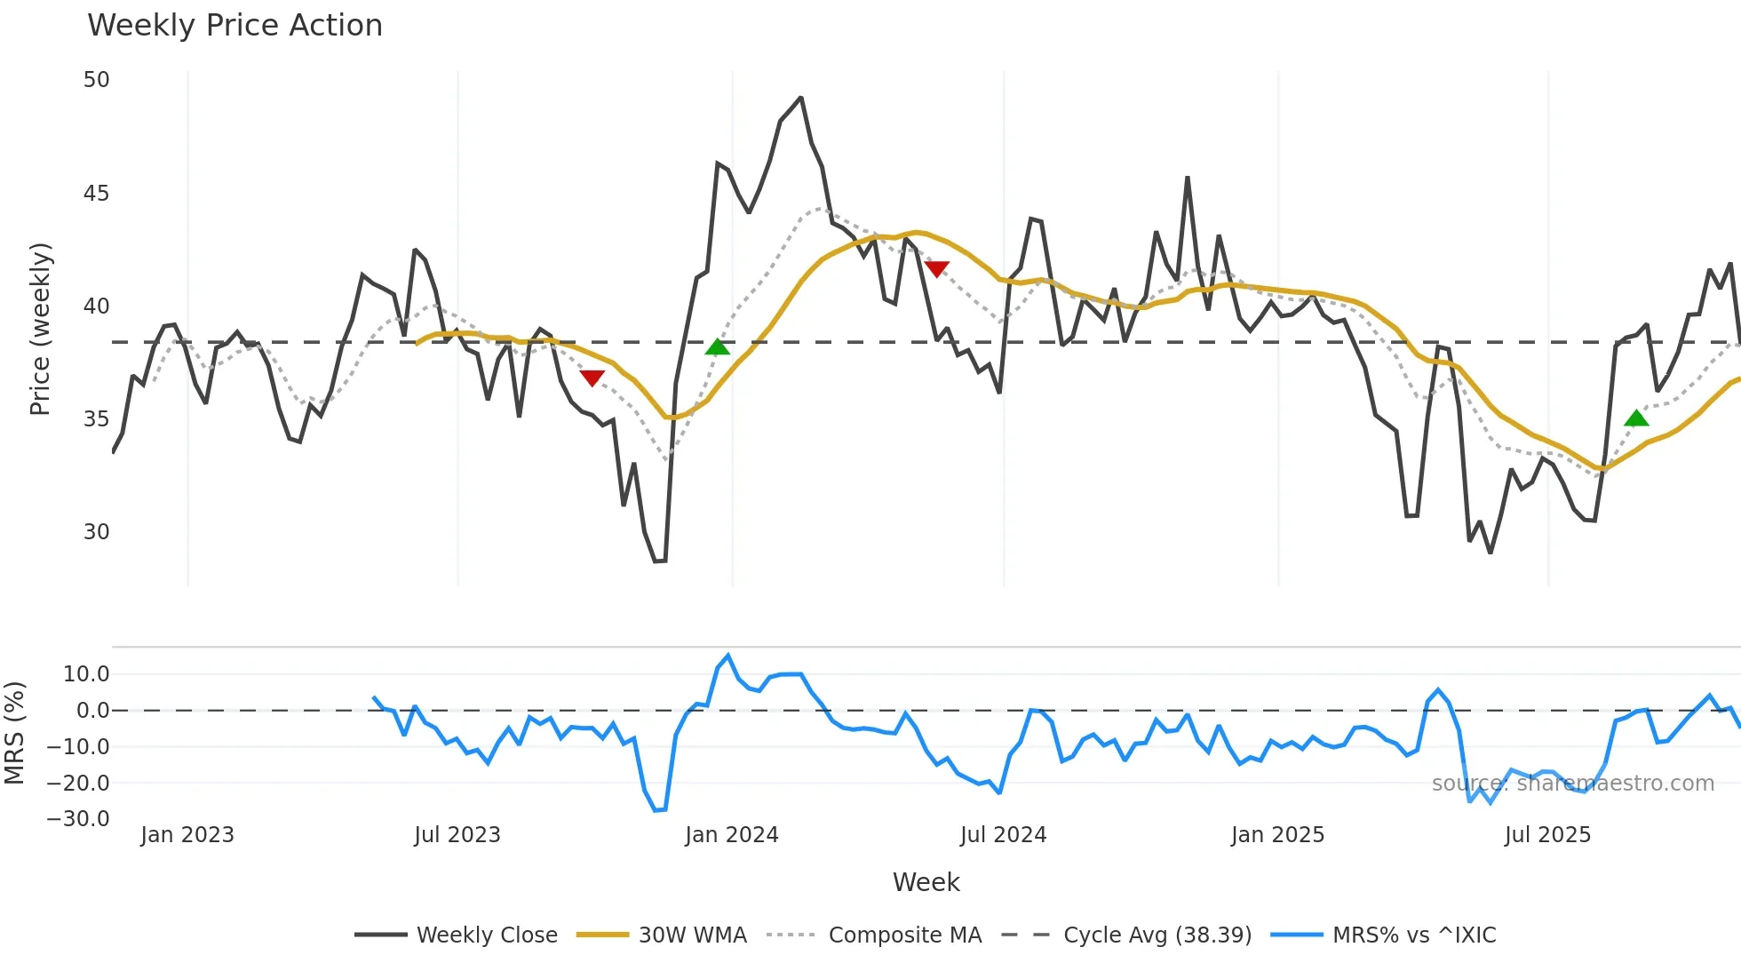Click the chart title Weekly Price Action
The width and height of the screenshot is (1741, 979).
pos(235,26)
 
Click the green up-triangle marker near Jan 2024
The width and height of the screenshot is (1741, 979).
pos(718,347)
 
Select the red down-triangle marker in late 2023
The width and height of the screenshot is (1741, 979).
pos(592,378)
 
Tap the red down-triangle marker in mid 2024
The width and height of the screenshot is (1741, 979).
pos(936,268)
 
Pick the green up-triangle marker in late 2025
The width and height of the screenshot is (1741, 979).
pos(1636,418)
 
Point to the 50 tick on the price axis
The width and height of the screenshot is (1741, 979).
pos(96,80)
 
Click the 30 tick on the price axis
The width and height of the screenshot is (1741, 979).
pos(96,532)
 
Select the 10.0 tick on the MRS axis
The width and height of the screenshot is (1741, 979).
pos(86,674)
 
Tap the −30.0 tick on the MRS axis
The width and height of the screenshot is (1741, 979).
pos(79,819)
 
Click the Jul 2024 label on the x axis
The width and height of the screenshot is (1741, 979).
pos(1003,835)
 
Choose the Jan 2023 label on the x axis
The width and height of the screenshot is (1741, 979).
pos(187,835)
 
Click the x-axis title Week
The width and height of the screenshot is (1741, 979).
pos(926,882)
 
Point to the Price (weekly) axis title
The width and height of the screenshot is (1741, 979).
pos(40,329)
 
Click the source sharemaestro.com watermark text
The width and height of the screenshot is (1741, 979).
pos(1572,784)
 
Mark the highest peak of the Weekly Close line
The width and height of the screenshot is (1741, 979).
pos(800,98)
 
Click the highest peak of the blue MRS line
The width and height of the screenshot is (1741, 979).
pos(728,656)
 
